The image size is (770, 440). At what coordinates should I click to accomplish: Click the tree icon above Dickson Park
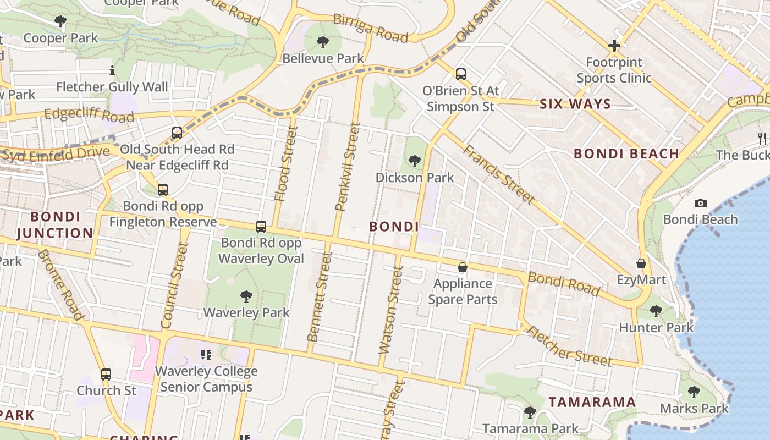click(x=415, y=161)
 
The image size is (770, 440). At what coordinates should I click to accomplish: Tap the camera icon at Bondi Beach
click(x=700, y=203)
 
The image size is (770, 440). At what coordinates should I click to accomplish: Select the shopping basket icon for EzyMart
click(x=641, y=263)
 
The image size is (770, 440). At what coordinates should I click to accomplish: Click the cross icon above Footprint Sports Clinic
click(x=614, y=46)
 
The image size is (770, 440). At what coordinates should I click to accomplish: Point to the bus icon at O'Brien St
click(x=461, y=74)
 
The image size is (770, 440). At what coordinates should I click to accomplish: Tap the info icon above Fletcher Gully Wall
click(x=112, y=70)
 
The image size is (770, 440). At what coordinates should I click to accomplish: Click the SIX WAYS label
click(x=575, y=104)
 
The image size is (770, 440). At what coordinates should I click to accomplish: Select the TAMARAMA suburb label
click(x=592, y=402)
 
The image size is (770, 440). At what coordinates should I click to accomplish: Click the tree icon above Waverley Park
click(x=246, y=296)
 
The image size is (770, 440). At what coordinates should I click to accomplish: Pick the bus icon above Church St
click(x=106, y=375)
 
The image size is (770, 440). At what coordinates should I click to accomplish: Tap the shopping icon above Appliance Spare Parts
click(x=463, y=267)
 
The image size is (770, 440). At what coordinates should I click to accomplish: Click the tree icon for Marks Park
click(x=694, y=392)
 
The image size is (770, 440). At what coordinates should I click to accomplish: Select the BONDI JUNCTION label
click(x=55, y=224)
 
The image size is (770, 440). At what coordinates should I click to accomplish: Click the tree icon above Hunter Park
click(x=656, y=311)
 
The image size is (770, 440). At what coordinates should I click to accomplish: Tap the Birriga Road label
click(x=372, y=28)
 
